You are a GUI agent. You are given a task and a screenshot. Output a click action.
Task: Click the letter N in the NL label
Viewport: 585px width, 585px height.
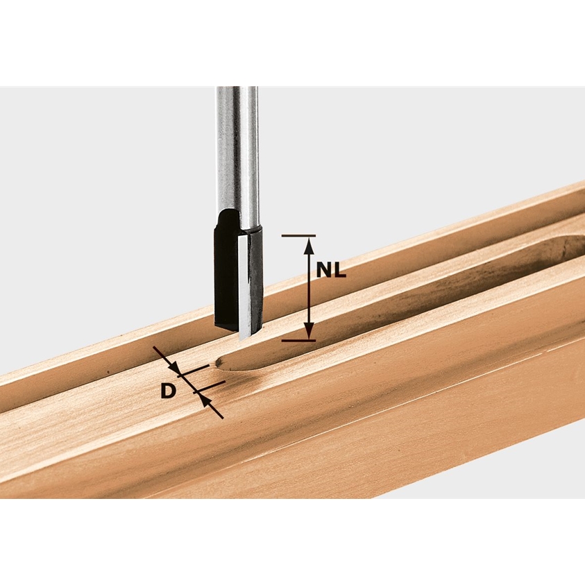coord(325,270)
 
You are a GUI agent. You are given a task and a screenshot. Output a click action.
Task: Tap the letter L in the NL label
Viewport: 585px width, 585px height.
coord(340,270)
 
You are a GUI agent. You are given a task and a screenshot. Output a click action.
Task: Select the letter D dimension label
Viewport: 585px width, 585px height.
coord(168,391)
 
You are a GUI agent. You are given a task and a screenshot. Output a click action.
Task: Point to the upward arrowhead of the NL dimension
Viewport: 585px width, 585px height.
coord(309,246)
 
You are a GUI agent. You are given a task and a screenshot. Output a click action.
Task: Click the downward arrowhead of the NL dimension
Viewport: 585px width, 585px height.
coord(309,331)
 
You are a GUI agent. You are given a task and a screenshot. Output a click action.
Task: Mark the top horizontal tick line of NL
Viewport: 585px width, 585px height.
coord(298,236)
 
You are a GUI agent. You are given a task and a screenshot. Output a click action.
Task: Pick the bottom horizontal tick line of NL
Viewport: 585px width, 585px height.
coord(298,341)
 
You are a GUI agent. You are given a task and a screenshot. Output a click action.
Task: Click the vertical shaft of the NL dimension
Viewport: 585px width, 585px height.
coord(309,289)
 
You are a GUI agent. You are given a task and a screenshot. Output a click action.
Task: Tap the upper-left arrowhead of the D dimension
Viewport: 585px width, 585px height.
coord(174,367)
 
